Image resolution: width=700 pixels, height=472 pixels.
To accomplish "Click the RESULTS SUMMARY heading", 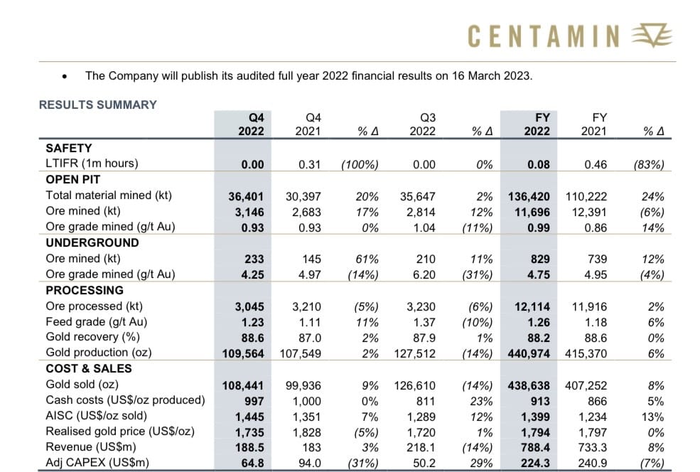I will (x=97, y=104).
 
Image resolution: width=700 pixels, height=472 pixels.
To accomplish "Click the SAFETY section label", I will (x=68, y=148).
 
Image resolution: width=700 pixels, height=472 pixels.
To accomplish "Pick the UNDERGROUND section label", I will (x=92, y=242).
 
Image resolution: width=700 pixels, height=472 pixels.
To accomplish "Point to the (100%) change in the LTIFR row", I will (x=360, y=164).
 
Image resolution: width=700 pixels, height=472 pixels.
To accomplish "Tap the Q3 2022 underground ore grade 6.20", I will (x=424, y=274).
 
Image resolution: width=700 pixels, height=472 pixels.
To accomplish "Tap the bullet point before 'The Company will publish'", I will (x=65, y=75).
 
